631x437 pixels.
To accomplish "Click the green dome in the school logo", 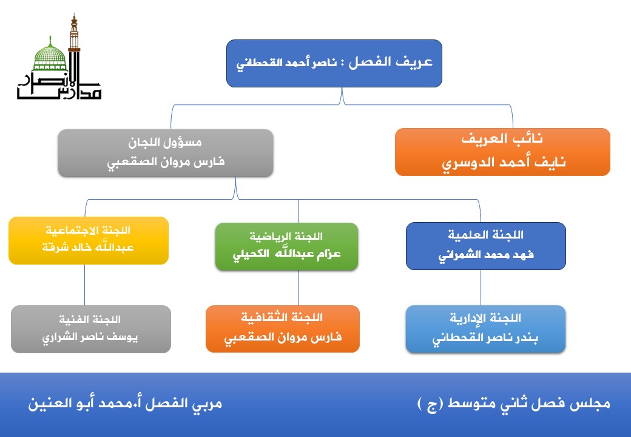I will (x=50, y=56).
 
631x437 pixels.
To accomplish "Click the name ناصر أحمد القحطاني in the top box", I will (x=285, y=64).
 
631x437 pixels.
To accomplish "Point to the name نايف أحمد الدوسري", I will (x=502, y=163).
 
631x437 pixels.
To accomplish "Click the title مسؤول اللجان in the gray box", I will (x=166, y=143).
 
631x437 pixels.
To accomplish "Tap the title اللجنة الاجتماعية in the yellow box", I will (x=89, y=231).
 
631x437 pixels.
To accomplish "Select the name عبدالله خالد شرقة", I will (x=89, y=248).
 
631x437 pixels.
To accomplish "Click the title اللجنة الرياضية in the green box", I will (x=286, y=236).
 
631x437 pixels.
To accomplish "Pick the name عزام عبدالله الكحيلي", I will (x=286, y=254).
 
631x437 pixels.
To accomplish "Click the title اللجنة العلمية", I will (x=485, y=235).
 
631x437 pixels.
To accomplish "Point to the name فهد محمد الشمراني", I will (x=485, y=255).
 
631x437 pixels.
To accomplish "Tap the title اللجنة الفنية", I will (x=91, y=319).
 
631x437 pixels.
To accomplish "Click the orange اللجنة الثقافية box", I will (x=283, y=328).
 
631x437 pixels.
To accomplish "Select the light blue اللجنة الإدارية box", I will (x=485, y=328).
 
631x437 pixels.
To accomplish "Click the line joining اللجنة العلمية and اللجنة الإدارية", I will (x=481, y=287).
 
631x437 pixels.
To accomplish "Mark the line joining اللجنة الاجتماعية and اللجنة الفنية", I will (x=84, y=285).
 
